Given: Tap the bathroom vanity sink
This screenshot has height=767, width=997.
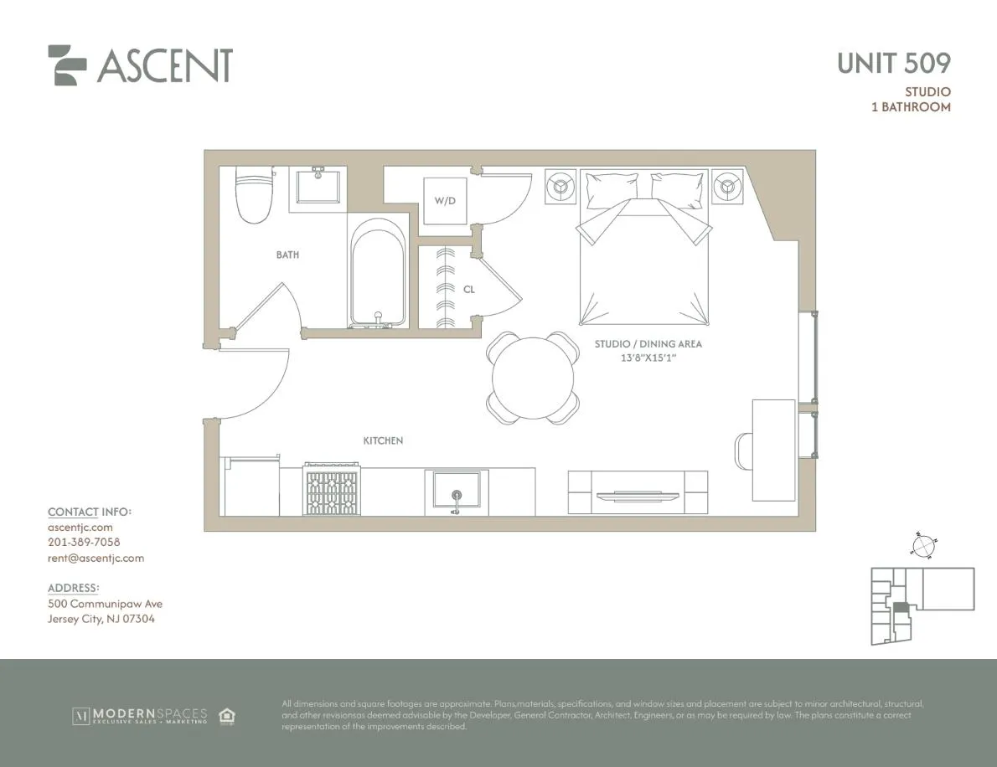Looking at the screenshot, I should coord(318,186).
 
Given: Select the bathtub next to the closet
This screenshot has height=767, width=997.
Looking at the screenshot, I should coord(378,273).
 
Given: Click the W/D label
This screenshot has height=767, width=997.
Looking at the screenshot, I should coord(444,201).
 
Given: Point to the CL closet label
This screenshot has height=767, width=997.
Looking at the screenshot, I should coord(468,290).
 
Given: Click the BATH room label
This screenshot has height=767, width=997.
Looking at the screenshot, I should coord(287,255).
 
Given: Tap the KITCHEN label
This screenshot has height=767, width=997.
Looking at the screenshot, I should coord(383,440).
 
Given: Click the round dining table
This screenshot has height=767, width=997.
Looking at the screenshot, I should coord(534,377).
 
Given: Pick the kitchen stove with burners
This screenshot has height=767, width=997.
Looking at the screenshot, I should coord(331,491).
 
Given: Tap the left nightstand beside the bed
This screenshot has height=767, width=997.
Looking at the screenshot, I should coord(560,186).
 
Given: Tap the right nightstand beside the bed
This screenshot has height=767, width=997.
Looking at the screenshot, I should coord(726,187).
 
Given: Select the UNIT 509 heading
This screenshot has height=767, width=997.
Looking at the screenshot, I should coord(893,63).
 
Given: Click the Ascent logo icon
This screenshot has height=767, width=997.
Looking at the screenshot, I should coord(67,65).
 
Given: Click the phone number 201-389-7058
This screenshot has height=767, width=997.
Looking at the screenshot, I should coord(84,543).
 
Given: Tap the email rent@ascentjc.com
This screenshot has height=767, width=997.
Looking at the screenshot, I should coord(96,558).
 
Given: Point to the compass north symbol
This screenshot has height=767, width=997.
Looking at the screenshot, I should coord(922,545).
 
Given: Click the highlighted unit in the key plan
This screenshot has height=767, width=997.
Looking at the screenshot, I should coord(900,610).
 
